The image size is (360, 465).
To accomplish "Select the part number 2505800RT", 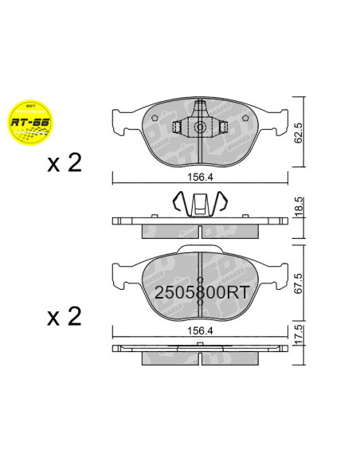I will click(202, 291).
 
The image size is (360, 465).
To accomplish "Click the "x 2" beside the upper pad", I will click(65, 163).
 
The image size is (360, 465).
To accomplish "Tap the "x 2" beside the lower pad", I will click(65, 317).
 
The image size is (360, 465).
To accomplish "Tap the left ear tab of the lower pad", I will click(118, 273).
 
